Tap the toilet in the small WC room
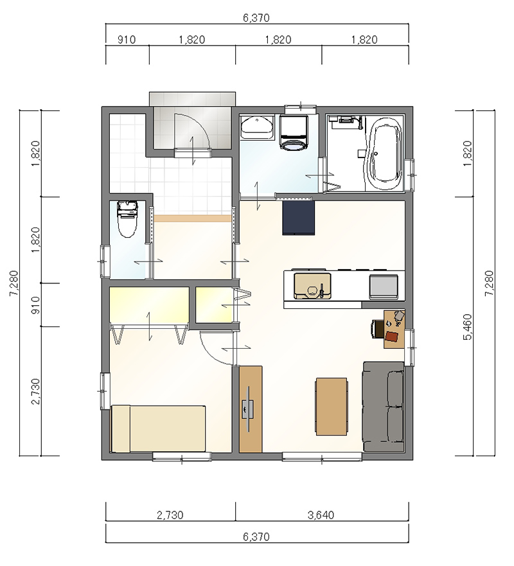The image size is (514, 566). pyautogui.click(x=127, y=219)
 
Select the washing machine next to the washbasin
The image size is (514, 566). pyautogui.click(x=294, y=132)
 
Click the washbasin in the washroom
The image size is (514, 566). pyautogui.click(x=257, y=127)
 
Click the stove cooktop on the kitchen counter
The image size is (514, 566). pyautogui.click(x=384, y=287)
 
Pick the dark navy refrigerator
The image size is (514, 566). pyautogui.click(x=299, y=218)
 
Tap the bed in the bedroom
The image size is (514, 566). pyautogui.click(x=158, y=429)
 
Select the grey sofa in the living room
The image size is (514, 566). pyautogui.click(x=384, y=407)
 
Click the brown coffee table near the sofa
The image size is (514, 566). pyautogui.click(x=332, y=407)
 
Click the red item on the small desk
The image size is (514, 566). pyautogui.click(x=392, y=337)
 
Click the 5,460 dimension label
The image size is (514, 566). pyautogui.click(x=468, y=326)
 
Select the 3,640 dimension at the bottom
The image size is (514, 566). pyautogui.click(x=321, y=515)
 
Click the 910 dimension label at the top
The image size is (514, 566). pyautogui.click(x=127, y=39)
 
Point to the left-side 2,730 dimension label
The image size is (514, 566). pyautogui.click(x=36, y=391)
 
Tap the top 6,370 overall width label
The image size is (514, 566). pyautogui.click(x=256, y=18)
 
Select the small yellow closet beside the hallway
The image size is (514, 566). pyautogui.click(x=214, y=305)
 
